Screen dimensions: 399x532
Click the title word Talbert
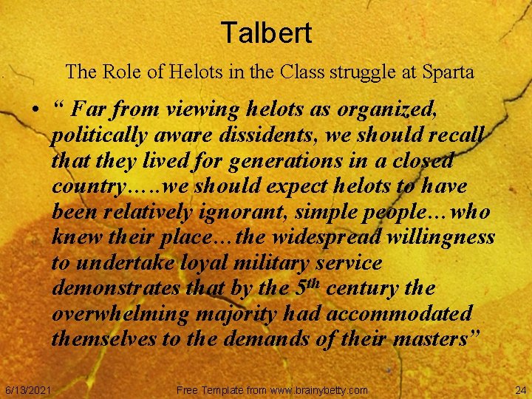point(266,33)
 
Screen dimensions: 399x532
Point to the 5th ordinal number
point(302,287)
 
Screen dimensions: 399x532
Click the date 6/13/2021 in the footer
point(28,389)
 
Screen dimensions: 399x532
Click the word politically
point(98,137)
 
